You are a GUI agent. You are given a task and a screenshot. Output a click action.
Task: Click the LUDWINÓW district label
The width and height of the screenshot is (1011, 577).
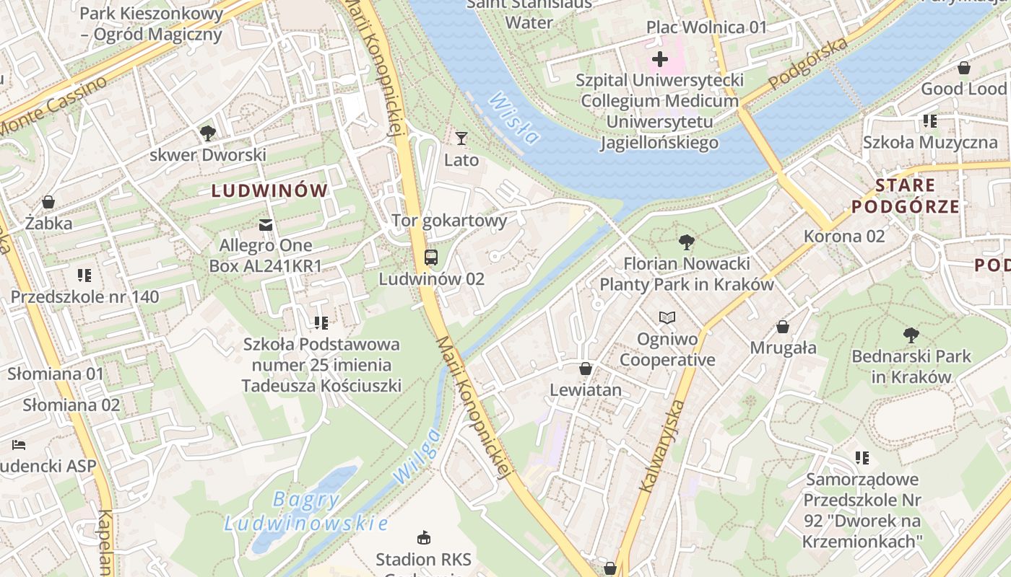tap(269, 191)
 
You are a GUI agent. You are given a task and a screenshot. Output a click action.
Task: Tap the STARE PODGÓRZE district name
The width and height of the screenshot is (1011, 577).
tap(906, 196)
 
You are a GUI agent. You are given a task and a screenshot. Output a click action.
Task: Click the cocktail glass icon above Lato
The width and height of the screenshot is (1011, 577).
tap(461, 138)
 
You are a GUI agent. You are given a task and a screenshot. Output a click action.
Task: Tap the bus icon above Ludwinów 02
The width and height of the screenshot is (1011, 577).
tap(431, 257)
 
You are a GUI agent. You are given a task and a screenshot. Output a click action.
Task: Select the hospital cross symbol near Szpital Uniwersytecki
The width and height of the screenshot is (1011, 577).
tap(659, 59)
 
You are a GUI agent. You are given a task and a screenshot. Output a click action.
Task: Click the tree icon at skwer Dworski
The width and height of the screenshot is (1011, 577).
tap(208, 133)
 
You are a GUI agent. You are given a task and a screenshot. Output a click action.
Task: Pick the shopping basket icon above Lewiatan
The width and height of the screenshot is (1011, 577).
tap(586, 369)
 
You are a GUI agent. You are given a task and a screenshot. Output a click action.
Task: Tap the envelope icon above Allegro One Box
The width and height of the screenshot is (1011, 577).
tap(266, 225)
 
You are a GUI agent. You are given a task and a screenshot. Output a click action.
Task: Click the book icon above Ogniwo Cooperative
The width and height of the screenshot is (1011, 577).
tap(667, 317)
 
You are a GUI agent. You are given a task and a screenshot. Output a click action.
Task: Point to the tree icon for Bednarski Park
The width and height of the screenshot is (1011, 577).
tap(911, 335)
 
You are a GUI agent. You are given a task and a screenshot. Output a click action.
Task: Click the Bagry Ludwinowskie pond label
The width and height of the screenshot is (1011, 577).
tap(306, 511)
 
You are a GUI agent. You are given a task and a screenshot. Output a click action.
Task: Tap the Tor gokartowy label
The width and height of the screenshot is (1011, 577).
tap(449, 221)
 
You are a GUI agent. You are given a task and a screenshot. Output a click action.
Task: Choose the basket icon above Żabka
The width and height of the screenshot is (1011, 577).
tap(48, 201)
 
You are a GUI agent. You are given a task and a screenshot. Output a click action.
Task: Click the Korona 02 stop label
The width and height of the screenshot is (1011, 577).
tap(844, 237)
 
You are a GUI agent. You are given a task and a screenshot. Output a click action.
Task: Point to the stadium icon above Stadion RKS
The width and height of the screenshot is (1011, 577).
tap(424, 537)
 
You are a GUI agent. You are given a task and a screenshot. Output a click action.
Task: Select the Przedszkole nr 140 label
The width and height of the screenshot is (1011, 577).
tap(84, 297)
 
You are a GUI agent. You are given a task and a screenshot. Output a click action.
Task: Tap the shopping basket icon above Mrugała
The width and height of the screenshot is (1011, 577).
tap(783, 327)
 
